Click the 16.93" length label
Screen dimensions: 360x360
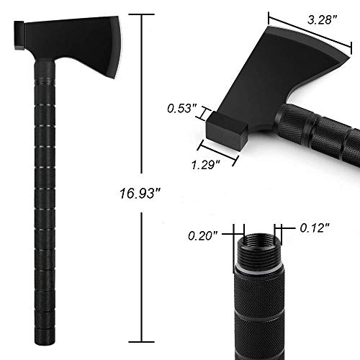coord(140,192)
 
